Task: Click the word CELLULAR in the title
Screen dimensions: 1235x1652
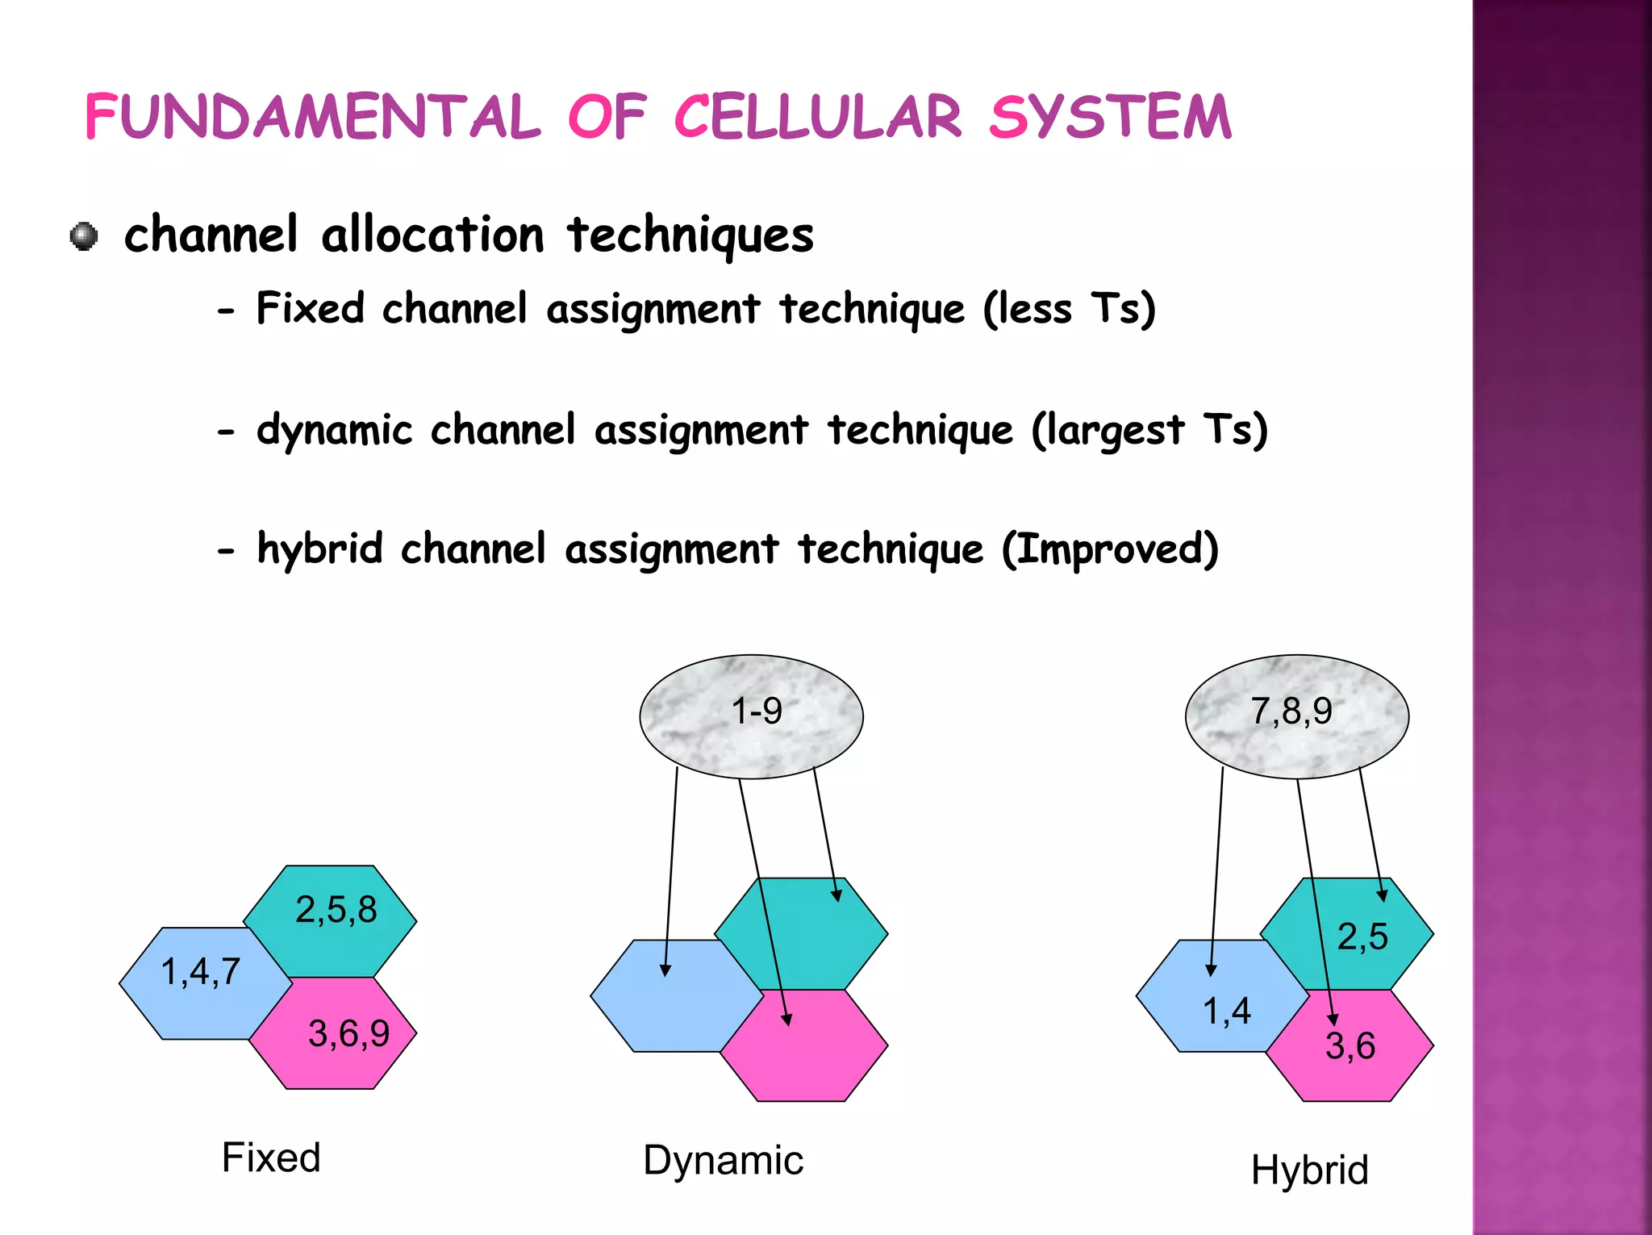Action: pos(817,118)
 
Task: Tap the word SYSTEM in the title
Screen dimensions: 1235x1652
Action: pos(1111,118)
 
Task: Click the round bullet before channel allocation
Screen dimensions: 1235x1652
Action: pos(84,236)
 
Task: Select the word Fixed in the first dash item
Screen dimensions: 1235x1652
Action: pos(311,308)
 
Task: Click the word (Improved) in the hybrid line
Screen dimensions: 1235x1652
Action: pos(1110,549)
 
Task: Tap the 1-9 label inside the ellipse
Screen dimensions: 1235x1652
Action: pos(756,711)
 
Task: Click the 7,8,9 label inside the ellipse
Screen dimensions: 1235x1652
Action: pos(1291,711)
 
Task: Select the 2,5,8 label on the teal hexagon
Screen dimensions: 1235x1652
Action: pos(336,910)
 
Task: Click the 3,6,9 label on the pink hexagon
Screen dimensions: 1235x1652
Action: pos(348,1034)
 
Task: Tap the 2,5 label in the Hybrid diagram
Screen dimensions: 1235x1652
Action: pos(1362,937)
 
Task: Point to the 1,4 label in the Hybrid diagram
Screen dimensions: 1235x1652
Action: pos(1227,1012)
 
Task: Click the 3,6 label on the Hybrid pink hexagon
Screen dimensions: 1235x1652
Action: pos(1350,1046)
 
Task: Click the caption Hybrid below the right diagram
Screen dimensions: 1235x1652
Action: pos(1310,1170)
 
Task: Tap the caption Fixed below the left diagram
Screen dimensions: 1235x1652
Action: pos(271,1158)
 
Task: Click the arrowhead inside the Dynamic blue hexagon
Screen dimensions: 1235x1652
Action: pos(665,970)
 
